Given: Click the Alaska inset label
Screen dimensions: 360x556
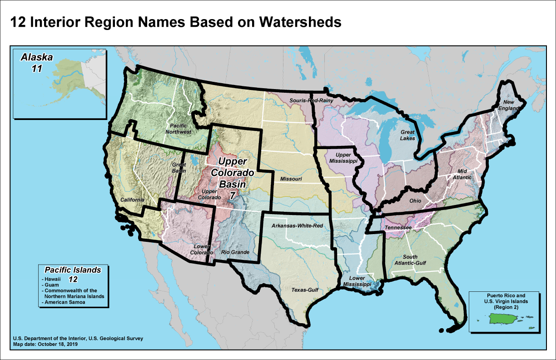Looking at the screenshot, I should coord(37,58).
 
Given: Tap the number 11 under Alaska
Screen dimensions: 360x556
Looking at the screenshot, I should coord(37,69).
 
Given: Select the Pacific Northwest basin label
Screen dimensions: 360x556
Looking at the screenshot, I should coord(180,128).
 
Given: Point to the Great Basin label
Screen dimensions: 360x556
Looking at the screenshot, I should coord(179,168).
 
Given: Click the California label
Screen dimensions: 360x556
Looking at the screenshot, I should coord(133,200).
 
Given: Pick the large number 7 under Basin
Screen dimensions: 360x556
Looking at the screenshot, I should coord(232,195).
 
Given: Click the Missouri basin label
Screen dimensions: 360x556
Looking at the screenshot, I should coord(291,179).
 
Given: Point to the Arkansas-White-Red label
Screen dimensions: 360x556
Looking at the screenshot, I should coord(297,226).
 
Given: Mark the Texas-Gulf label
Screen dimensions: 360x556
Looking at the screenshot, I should coord(304,289).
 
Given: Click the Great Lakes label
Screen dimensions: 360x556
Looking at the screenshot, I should coord(407,135).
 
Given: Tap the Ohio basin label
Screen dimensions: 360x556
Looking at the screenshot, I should coord(415,201).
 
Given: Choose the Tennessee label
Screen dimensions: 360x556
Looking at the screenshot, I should coord(398,227).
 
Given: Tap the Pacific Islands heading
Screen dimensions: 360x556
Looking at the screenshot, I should coord(73,270).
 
